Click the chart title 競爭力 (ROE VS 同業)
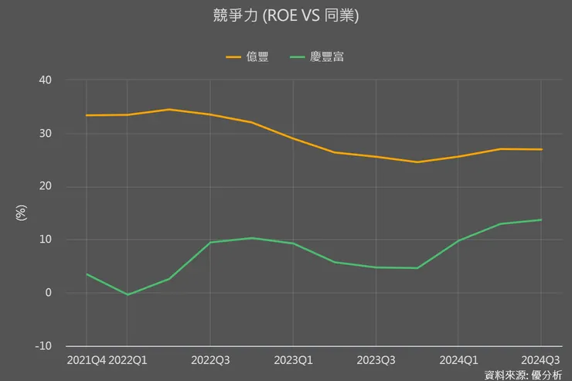click(285, 15)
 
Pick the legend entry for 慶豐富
click(317, 57)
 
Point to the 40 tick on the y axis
click(46, 80)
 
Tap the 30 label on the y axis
click(46, 134)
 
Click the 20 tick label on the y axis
click(46, 187)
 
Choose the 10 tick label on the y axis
click(46, 240)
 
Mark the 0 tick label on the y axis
click(49, 293)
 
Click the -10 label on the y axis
click(44, 345)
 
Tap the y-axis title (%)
click(21, 213)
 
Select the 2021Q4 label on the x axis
click(86, 360)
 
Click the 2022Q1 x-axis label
click(128, 360)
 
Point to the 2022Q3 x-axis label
click(210, 360)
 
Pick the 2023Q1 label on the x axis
click(293, 360)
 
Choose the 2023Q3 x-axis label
click(376, 360)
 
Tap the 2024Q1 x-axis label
click(458, 360)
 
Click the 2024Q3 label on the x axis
click(540, 360)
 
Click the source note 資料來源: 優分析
click(523, 375)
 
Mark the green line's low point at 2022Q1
click(128, 294)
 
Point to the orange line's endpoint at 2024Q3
click(541, 150)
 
